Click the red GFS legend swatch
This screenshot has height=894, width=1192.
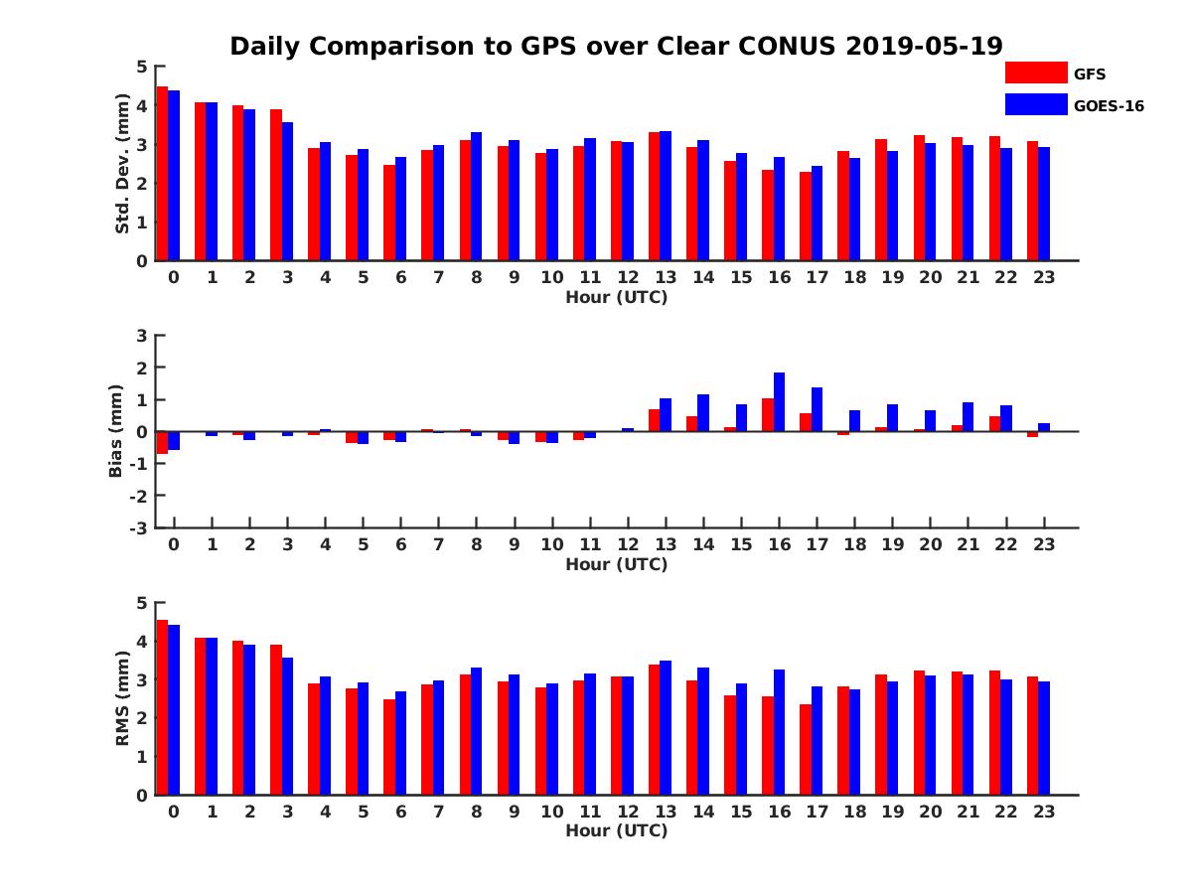coord(1035,73)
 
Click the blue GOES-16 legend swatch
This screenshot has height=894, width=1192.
coord(1035,104)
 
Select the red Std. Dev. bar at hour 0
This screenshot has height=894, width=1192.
coord(162,174)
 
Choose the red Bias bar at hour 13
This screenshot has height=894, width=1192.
coord(655,420)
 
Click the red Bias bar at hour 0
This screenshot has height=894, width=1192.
coord(162,442)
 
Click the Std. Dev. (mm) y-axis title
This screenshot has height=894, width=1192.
coord(123,164)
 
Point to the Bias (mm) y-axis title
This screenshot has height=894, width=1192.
coord(117,431)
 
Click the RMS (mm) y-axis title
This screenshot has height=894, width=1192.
coord(123,698)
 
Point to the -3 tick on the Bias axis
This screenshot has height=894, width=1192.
coord(138,527)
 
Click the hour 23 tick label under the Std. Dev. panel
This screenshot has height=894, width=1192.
coord(1043,277)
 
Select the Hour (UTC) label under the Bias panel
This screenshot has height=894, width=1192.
coord(616,564)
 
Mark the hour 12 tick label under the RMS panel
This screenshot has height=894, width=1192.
coord(628,812)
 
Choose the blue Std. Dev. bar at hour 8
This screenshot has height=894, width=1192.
coord(477,197)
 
